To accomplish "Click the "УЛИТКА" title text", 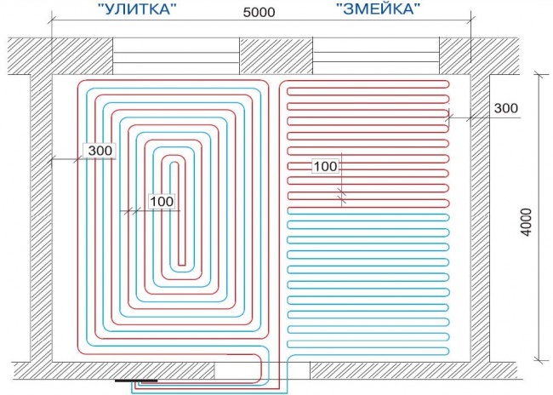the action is pyautogui.click(x=137, y=9).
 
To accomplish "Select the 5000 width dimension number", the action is pyautogui.click(x=259, y=13).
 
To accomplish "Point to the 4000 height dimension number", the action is pyautogui.click(x=526, y=222).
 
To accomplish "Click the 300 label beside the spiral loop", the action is pyautogui.click(x=100, y=151).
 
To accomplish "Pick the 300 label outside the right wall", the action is pyautogui.click(x=505, y=108).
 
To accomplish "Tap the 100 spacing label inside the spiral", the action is pyautogui.click(x=162, y=202).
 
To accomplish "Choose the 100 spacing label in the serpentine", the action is pyautogui.click(x=325, y=166).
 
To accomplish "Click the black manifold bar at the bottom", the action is pyautogui.click(x=136, y=381).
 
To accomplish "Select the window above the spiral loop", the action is pyautogui.click(x=176, y=56).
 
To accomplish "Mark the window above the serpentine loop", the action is pyautogui.click(x=376, y=56).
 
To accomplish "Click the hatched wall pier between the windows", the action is pyautogui.click(x=276, y=56).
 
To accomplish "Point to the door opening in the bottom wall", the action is pyautogui.click(x=262, y=370).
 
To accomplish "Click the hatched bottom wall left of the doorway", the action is pyautogui.click(x=113, y=370).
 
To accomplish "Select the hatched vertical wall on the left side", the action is pyautogui.click(x=41, y=218).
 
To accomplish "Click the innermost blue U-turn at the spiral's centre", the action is pyautogui.click(x=174, y=163).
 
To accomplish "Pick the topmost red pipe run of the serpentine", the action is pyautogui.click(x=367, y=81).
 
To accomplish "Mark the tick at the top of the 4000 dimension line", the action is pyautogui.click(x=539, y=74).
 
